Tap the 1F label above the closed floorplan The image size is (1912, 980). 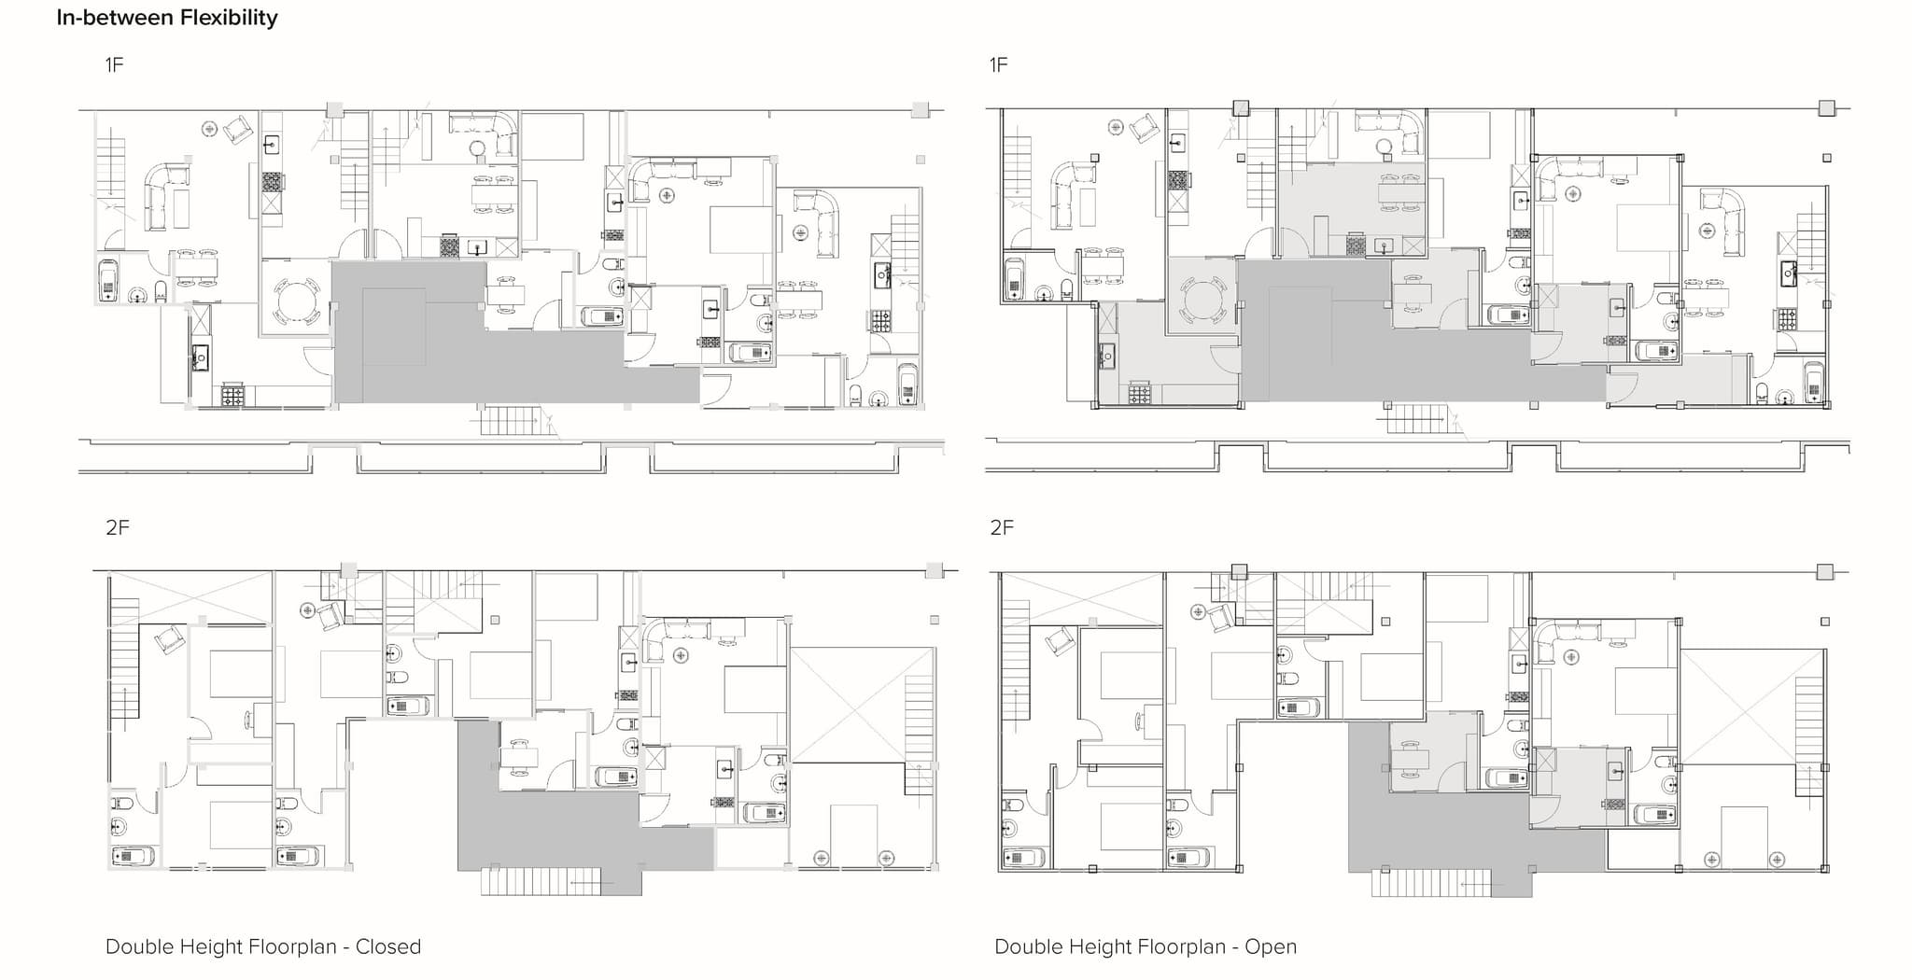pos(114,64)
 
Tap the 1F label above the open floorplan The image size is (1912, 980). pos(999,64)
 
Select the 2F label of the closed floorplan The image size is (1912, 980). pos(118,527)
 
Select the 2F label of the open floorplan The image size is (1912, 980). pos(1002,527)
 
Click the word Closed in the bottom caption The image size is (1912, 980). pos(388,946)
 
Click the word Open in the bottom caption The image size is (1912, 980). pos(1271,947)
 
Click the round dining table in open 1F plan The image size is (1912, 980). pos(1202,301)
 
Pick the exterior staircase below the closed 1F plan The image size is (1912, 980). pos(512,421)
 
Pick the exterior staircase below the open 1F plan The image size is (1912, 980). pos(1418,418)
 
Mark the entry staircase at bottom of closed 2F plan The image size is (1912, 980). pos(541,882)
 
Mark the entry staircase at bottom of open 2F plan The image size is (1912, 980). pos(1431,883)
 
